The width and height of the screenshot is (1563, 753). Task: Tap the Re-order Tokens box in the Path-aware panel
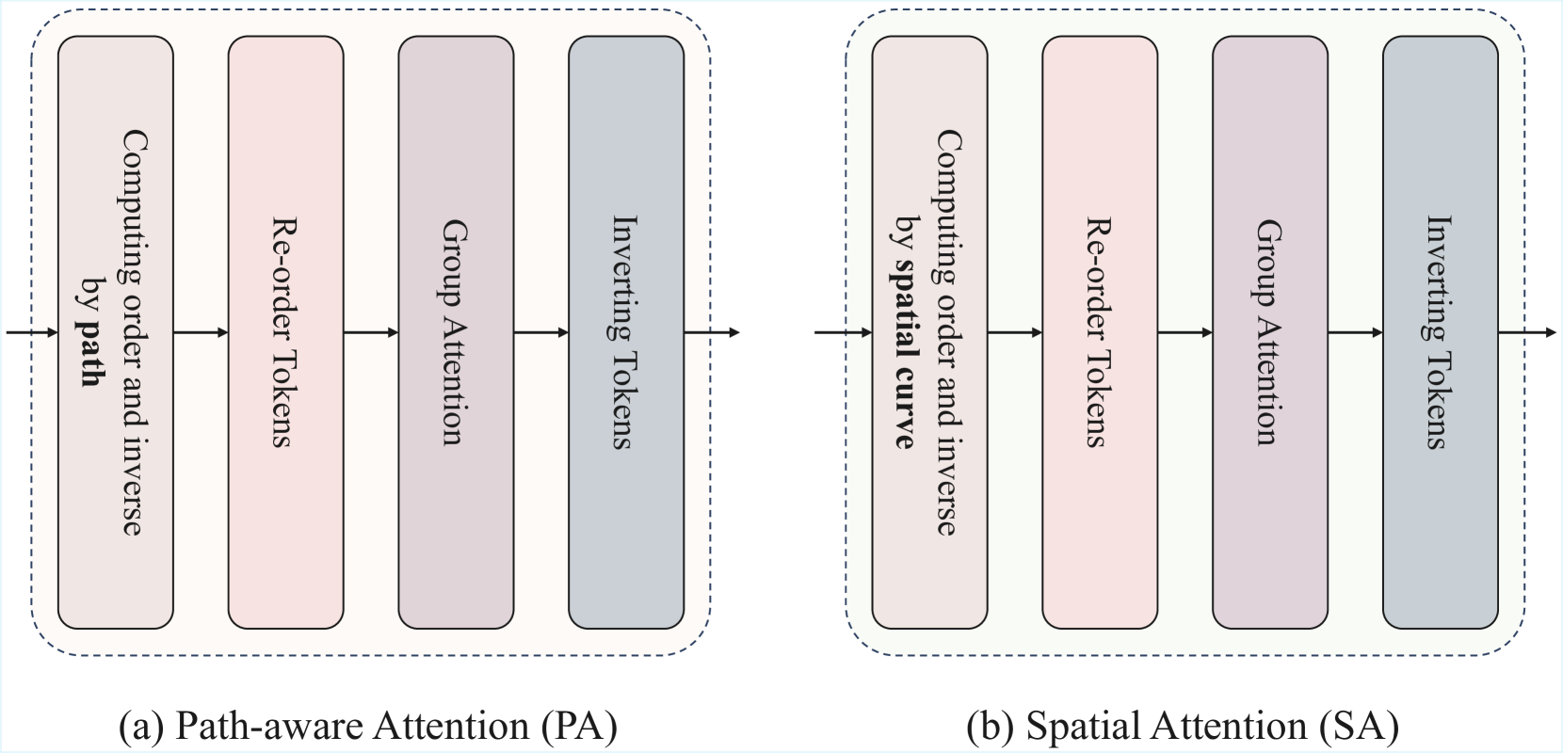[285, 332]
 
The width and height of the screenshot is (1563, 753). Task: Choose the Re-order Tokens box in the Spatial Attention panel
[1099, 332]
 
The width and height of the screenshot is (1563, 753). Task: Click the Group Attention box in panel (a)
[456, 332]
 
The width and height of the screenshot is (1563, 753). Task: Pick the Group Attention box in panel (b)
[1269, 332]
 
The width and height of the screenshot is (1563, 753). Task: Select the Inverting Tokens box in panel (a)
[626, 332]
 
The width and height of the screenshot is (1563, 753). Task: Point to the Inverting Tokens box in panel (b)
[1440, 332]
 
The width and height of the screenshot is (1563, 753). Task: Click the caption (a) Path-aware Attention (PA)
[368, 727]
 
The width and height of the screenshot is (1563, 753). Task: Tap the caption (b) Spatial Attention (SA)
[1183, 727]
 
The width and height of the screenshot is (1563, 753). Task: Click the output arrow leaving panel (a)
[712, 332]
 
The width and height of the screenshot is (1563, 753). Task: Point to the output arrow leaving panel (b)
[1526, 332]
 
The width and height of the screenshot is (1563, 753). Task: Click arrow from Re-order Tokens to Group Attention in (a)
[371, 332]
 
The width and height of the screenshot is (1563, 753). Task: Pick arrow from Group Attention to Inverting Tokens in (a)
[541, 332]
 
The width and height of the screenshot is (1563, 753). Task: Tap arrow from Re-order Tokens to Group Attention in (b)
[1184, 332]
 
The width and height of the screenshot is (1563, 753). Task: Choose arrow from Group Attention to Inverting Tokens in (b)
[1355, 332]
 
